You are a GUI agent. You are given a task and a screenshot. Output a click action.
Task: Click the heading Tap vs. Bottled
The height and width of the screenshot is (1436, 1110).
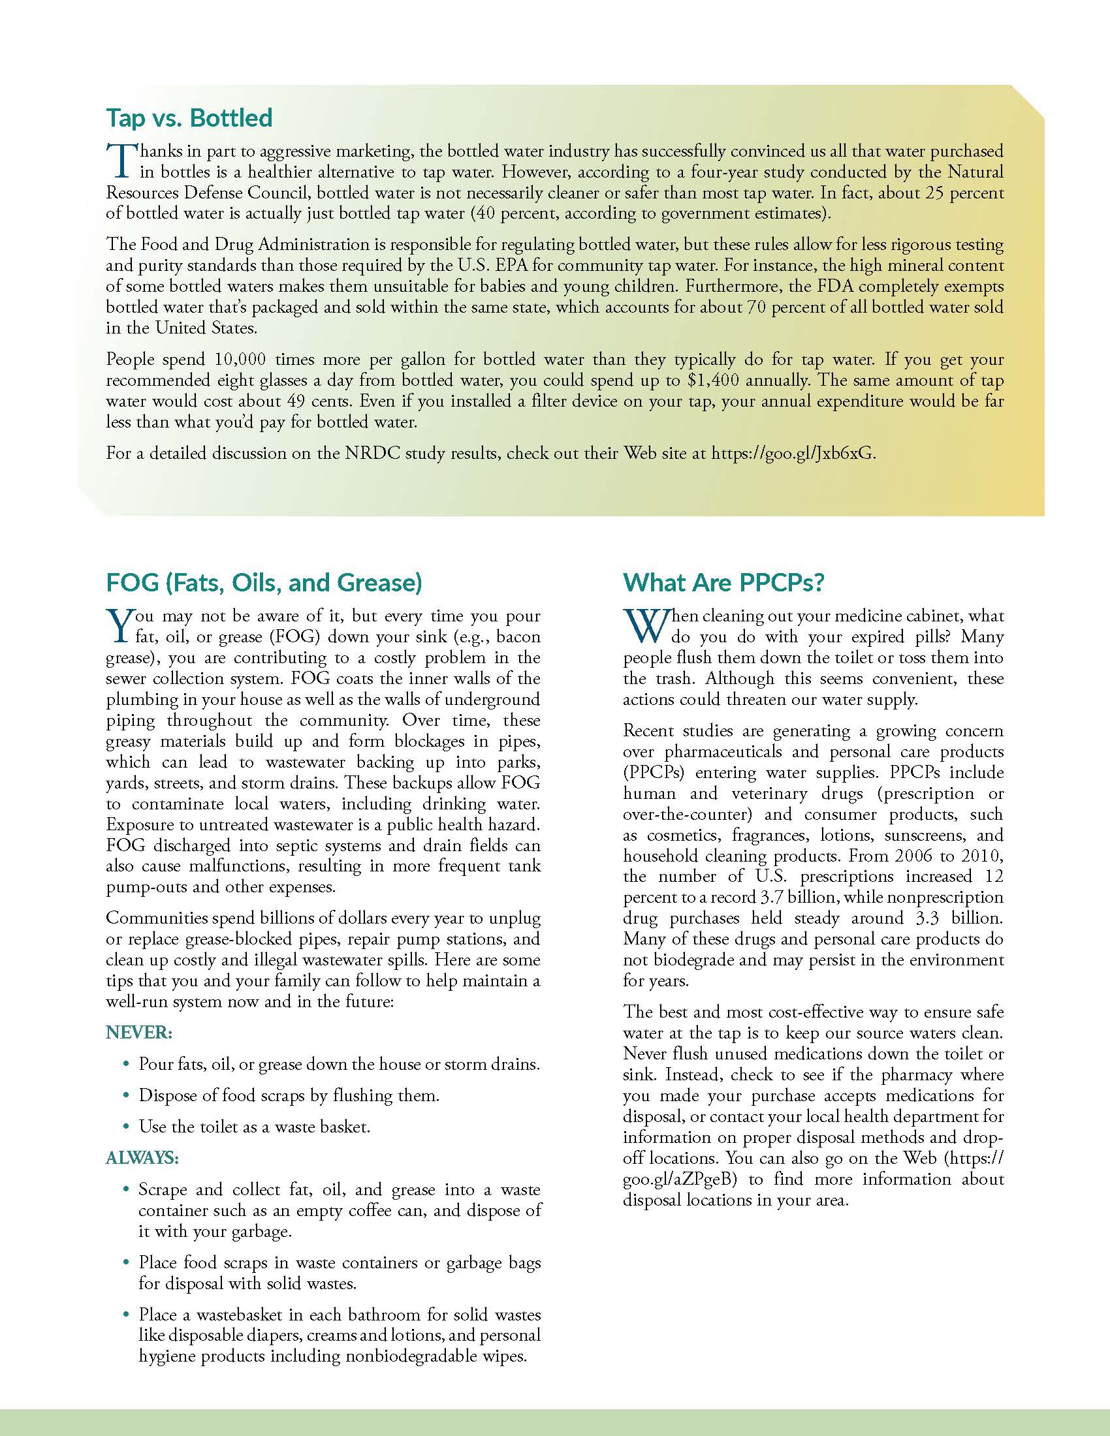pos(189,118)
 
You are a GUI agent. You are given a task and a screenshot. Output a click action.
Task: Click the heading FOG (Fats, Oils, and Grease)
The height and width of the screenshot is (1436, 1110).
pos(264,582)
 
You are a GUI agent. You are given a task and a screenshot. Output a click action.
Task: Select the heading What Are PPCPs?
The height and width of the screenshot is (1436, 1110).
pos(723,582)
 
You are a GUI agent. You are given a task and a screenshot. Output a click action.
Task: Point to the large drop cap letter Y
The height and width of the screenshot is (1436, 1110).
pos(119,625)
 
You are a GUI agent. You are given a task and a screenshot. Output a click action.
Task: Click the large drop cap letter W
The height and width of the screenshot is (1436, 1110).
pos(645,625)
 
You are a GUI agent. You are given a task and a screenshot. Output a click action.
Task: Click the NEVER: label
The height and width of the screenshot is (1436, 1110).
pos(138,1033)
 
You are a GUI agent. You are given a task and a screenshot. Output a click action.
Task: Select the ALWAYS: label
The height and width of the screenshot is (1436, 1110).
pos(143,1158)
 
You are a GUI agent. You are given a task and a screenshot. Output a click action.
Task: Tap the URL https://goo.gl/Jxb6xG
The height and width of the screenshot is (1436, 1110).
pos(793,454)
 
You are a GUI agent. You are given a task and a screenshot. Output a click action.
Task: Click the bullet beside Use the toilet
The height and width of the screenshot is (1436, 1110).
pos(126,1128)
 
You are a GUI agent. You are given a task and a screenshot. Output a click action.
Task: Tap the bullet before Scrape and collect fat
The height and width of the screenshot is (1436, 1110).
pos(126,1190)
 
